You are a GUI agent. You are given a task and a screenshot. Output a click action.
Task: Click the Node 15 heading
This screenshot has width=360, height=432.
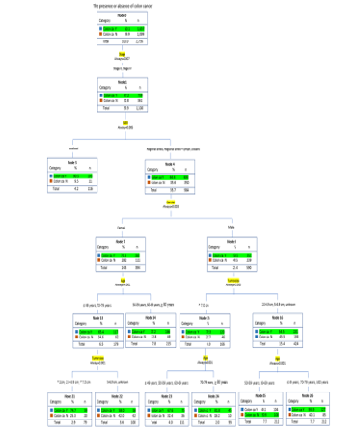(x=219, y=317)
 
